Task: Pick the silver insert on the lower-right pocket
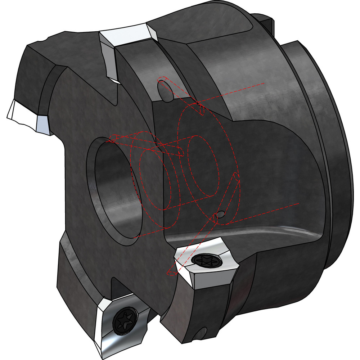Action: (205, 266)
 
